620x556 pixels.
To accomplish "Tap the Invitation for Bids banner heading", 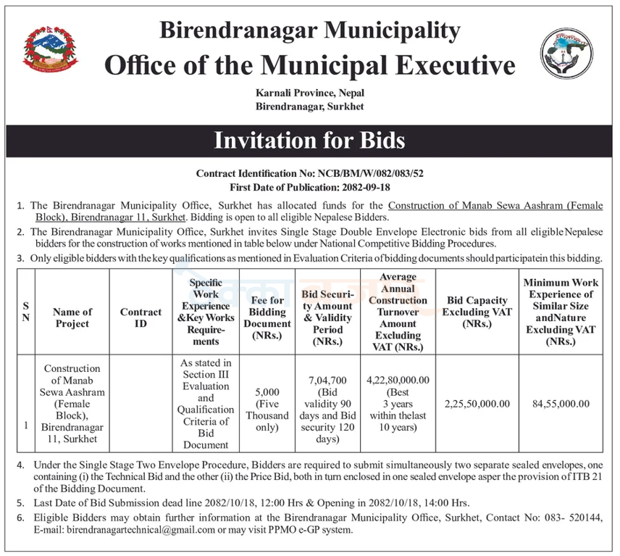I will (309, 139).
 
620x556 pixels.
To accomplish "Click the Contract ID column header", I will (141, 318).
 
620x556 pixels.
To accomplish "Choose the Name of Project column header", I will (72, 318).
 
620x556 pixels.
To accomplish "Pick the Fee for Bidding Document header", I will (267, 317).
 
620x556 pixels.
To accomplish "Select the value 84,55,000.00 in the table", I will (560, 403).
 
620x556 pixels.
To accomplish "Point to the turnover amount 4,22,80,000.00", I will (398, 380).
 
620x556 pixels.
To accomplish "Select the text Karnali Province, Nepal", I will (309, 94).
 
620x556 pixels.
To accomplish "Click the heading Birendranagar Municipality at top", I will (309, 30).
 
